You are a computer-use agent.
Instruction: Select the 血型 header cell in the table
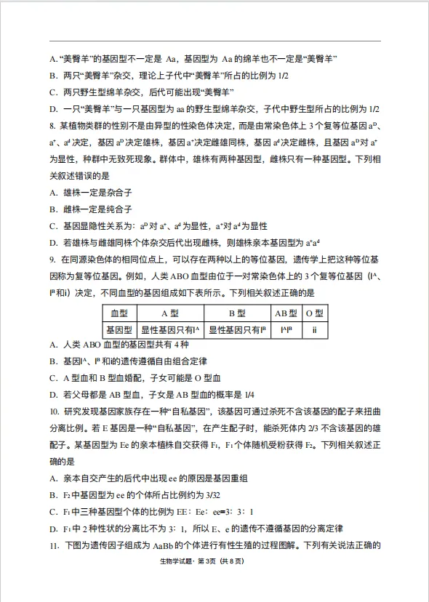tap(119, 313)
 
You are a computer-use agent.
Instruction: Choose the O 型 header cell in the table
tap(314, 313)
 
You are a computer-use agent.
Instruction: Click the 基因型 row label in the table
tap(119, 329)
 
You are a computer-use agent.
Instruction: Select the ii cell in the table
tap(314, 329)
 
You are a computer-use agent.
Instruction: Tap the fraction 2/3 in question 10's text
tap(299, 428)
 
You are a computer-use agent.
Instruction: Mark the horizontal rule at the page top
tap(214, 41)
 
